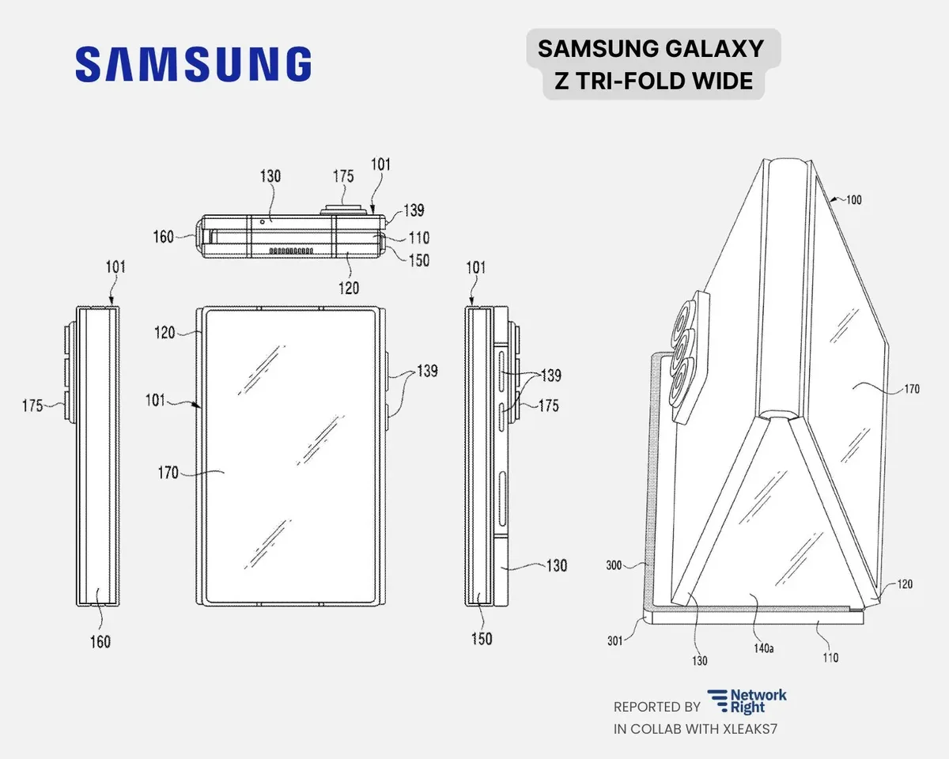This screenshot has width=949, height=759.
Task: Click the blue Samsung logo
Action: (x=193, y=64)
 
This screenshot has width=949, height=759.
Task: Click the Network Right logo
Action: (x=747, y=700)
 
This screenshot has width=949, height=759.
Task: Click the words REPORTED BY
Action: (x=657, y=707)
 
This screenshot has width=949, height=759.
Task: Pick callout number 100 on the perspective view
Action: (x=853, y=199)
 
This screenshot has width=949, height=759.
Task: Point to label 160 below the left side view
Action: (x=100, y=641)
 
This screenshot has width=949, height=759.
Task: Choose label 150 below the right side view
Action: (x=481, y=639)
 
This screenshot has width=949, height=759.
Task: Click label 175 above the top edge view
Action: (x=342, y=176)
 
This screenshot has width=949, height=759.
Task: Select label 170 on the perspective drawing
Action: (x=913, y=388)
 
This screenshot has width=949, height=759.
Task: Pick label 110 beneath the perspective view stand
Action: (x=830, y=657)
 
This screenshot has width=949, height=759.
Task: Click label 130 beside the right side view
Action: (x=557, y=566)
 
